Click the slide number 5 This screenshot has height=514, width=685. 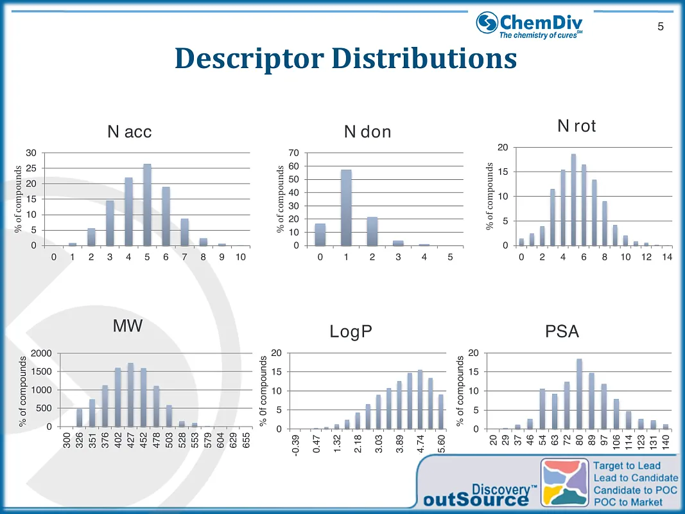[x=660, y=27]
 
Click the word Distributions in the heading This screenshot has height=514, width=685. [x=424, y=58]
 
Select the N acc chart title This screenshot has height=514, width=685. [x=130, y=132]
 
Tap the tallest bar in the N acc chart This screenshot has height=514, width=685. [x=147, y=205]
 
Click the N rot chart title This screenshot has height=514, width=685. [x=576, y=127]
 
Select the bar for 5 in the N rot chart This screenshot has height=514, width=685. [x=573, y=200]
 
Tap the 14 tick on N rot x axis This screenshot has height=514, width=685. [x=666, y=258]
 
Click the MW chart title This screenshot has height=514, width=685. [x=127, y=326]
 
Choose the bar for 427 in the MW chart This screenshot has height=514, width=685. [x=131, y=394]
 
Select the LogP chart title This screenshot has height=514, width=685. [x=351, y=332]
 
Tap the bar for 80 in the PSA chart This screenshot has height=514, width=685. [x=579, y=394]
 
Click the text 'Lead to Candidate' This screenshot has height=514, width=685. [x=636, y=477]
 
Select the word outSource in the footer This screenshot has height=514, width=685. [x=474, y=500]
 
